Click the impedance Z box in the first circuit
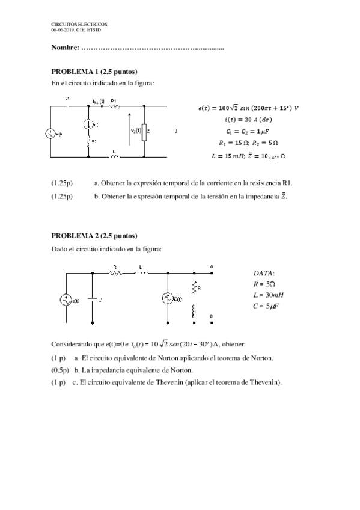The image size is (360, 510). [144, 132]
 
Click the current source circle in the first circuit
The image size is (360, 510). [89, 124]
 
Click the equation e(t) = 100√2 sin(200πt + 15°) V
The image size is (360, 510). [248, 108]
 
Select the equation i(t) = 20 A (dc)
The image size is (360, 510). [248, 119]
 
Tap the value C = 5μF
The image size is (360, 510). [267, 306]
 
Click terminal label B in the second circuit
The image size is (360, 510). [211, 315]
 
